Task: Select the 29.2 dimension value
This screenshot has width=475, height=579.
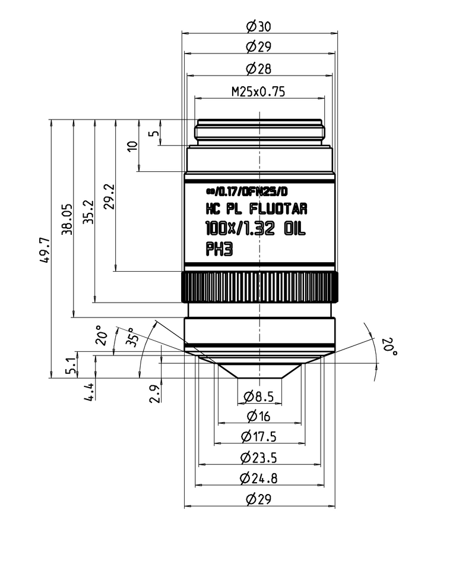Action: pos(109,197)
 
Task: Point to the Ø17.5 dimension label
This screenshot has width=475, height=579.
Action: pos(259,437)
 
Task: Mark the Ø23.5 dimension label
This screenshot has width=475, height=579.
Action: pos(259,458)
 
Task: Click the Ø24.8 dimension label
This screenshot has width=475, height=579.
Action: pos(259,478)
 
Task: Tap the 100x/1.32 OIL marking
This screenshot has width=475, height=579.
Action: pos(255,228)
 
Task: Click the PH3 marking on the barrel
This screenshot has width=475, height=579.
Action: pos(218,250)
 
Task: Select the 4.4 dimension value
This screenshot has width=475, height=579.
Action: pos(88,392)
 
